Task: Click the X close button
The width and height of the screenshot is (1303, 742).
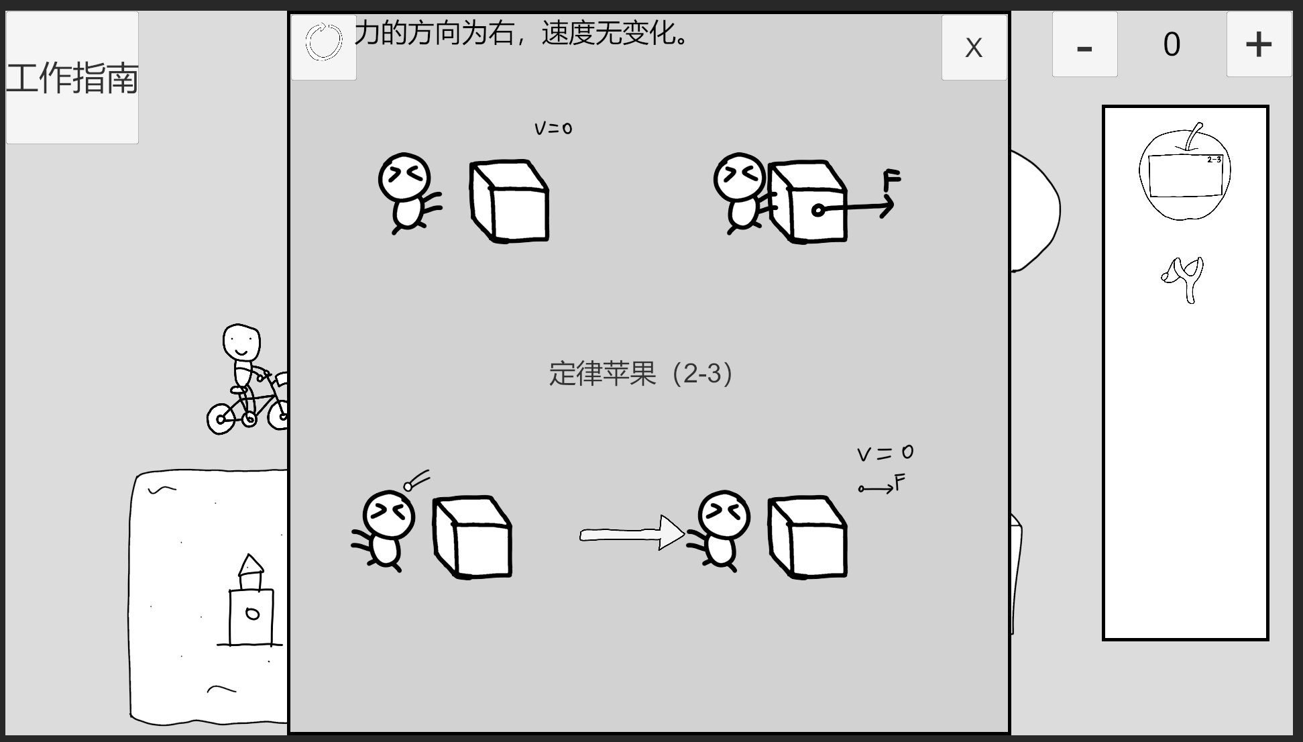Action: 974,48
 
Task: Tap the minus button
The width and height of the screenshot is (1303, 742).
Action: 1084,44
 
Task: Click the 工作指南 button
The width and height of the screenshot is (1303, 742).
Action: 72,78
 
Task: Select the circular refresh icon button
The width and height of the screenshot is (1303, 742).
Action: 324,42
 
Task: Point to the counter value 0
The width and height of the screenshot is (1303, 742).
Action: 1172,45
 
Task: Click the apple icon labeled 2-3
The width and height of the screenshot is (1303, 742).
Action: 1185,172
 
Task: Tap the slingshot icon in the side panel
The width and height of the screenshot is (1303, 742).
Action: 1184,279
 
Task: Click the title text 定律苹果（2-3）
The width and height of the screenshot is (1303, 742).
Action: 641,374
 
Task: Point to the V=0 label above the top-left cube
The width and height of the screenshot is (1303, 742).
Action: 553,128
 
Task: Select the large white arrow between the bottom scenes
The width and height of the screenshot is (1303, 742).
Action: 632,533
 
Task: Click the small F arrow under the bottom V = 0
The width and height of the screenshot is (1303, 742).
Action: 876,488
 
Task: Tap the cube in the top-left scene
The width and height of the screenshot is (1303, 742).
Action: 510,201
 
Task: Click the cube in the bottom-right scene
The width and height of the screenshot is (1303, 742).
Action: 808,537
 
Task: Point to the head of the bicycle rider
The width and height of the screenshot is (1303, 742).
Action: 241,343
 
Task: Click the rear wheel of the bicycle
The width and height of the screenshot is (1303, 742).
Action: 221,419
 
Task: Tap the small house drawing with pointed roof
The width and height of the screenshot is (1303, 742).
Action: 251,600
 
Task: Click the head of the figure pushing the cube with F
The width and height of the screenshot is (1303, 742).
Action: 740,177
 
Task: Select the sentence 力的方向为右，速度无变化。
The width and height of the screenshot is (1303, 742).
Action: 522,33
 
